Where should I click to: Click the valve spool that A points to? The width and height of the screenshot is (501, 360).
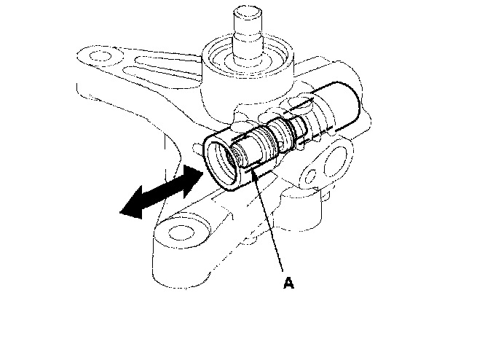click(256, 146)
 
